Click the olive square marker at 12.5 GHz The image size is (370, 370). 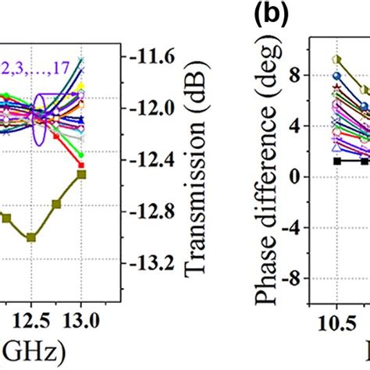tap(32, 237)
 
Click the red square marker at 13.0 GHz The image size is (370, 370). tap(81, 164)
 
